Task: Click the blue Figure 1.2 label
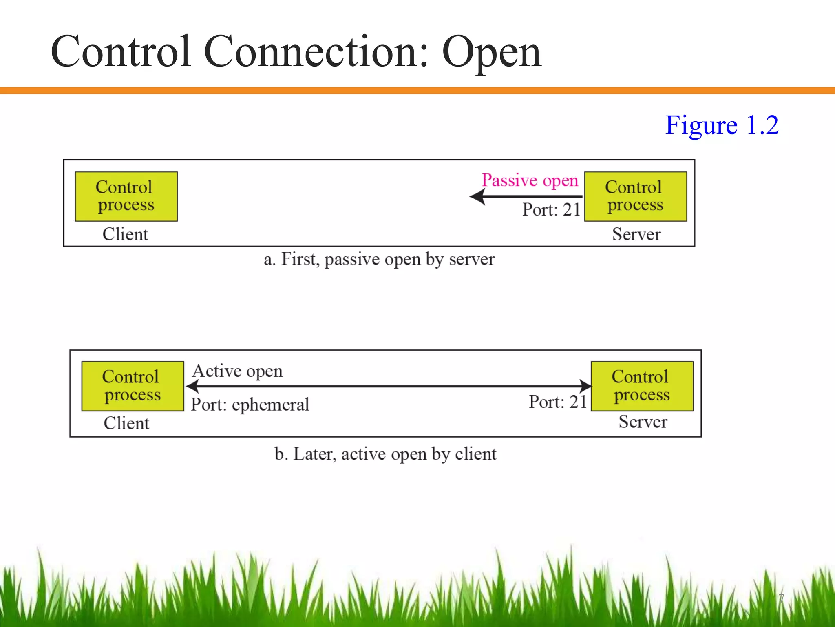pos(722,125)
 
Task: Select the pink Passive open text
pos(530,180)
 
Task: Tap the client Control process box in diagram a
pos(126,196)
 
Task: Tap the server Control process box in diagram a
pos(635,196)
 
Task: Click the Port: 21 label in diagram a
pos(551,210)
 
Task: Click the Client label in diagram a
pos(125,234)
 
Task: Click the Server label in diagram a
pos(636,234)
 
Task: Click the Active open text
pos(237,371)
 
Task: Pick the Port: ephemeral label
pos(250,405)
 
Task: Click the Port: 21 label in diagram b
pos(558,402)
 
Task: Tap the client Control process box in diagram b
pos(133,386)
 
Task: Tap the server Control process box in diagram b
pos(642,386)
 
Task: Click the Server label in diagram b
pos(643,422)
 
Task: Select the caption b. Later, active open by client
pos(385,454)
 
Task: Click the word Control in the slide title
pos(121,53)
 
